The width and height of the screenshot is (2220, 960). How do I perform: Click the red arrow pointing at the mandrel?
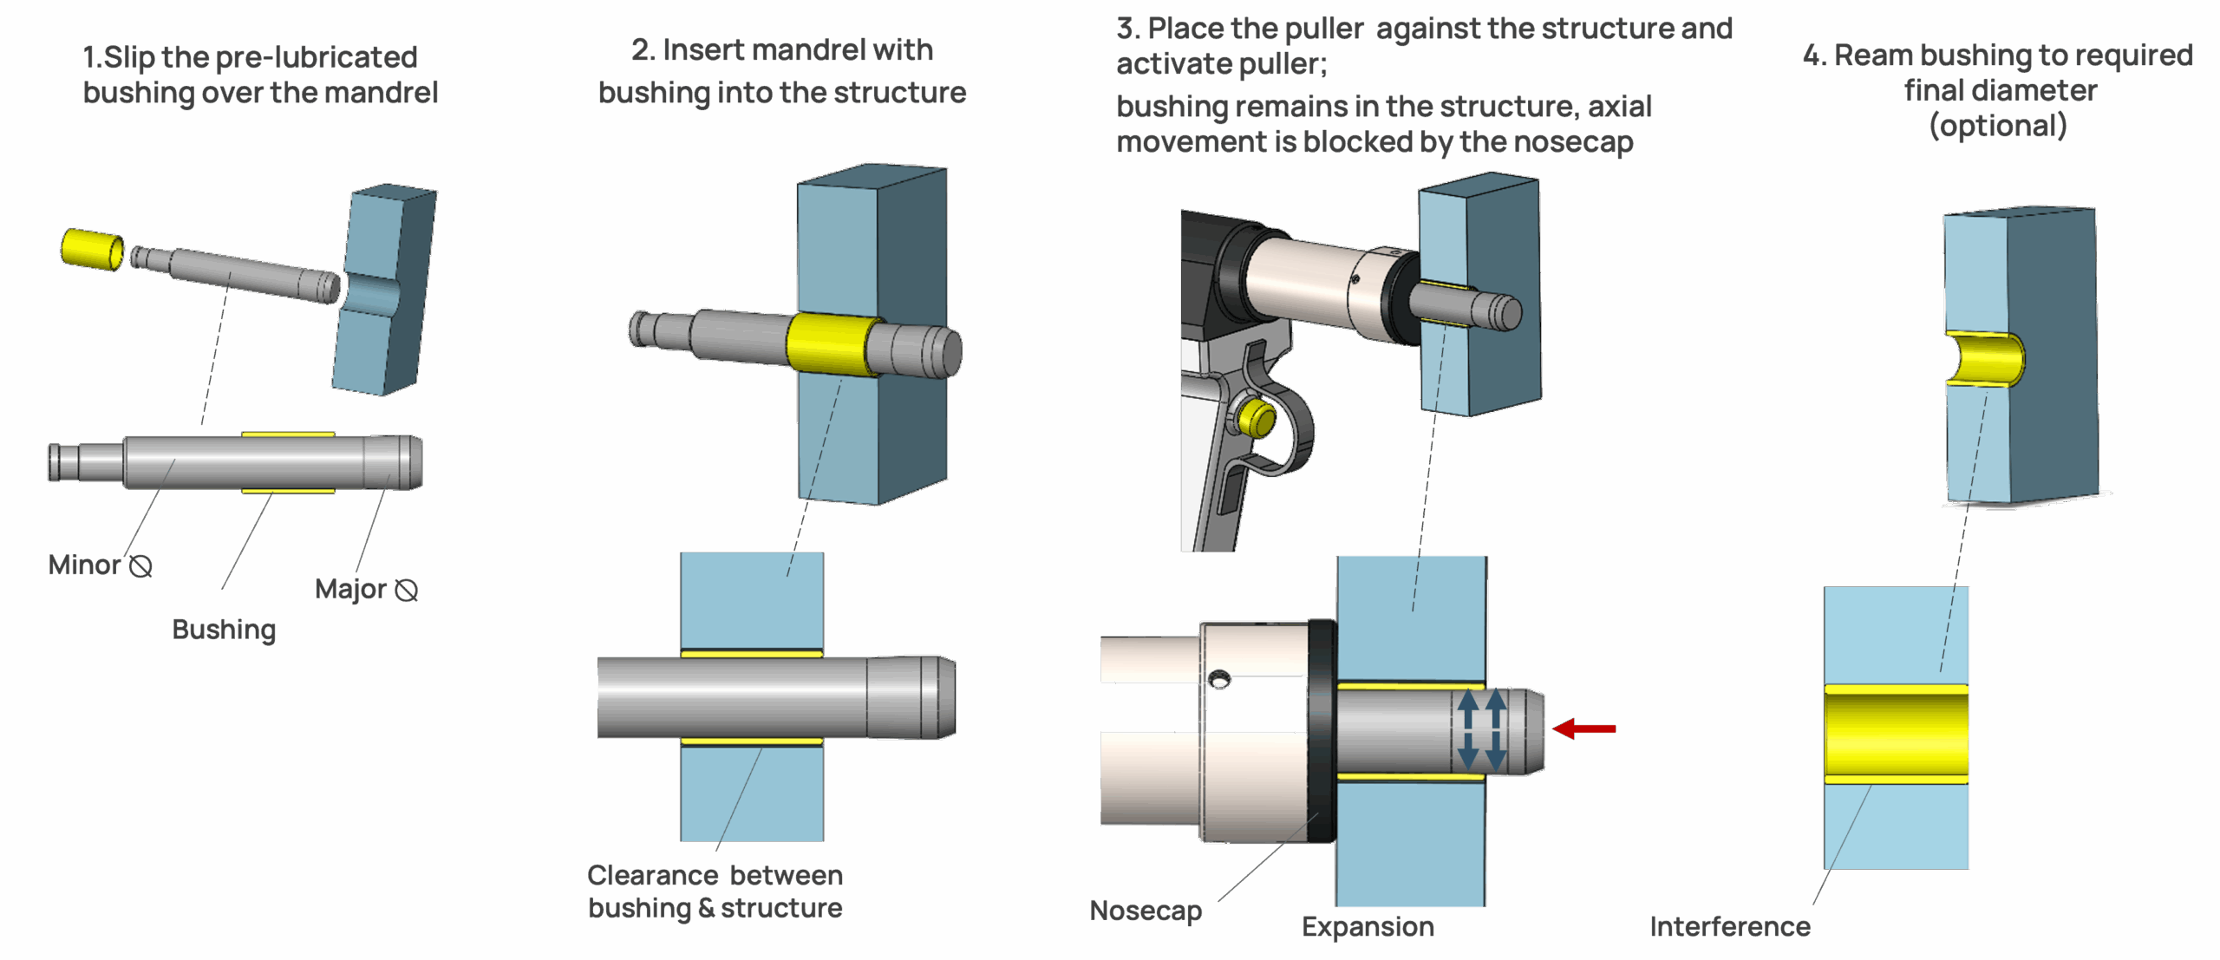pyautogui.click(x=1585, y=728)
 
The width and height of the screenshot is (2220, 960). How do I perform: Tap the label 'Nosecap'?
pyautogui.click(x=1146, y=911)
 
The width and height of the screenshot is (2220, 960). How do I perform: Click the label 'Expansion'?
pyautogui.click(x=1368, y=927)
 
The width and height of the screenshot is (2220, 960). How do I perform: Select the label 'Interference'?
pyautogui.click(x=1729, y=927)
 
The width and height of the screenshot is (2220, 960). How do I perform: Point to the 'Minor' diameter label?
pyautogui.click(x=85, y=565)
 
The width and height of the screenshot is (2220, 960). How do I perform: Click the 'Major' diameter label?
pyautogui.click(x=350, y=590)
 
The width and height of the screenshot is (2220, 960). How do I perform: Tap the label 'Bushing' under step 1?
pyautogui.click(x=224, y=630)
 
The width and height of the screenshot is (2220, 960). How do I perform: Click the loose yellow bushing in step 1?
pyautogui.click(x=91, y=249)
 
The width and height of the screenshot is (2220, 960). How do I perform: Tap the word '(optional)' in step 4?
pyautogui.click(x=1998, y=127)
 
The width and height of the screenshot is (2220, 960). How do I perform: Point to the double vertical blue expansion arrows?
pyautogui.click(x=1481, y=728)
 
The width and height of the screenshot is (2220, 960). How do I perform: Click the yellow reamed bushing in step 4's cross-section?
pyautogui.click(x=1896, y=734)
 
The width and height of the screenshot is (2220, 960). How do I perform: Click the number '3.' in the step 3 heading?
pyautogui.click(x=1127, y=29)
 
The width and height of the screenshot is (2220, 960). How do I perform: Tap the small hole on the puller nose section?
pyautogui.click(x=1219, y=678)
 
